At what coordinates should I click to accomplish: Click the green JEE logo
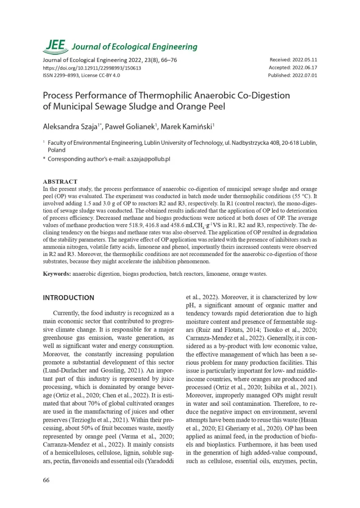point(55,46)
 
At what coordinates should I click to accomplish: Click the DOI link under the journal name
point(92,68)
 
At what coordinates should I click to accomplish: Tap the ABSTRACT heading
point(60,182)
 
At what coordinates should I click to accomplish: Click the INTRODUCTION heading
point(69,298)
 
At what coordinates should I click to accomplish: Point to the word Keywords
point(57,273)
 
